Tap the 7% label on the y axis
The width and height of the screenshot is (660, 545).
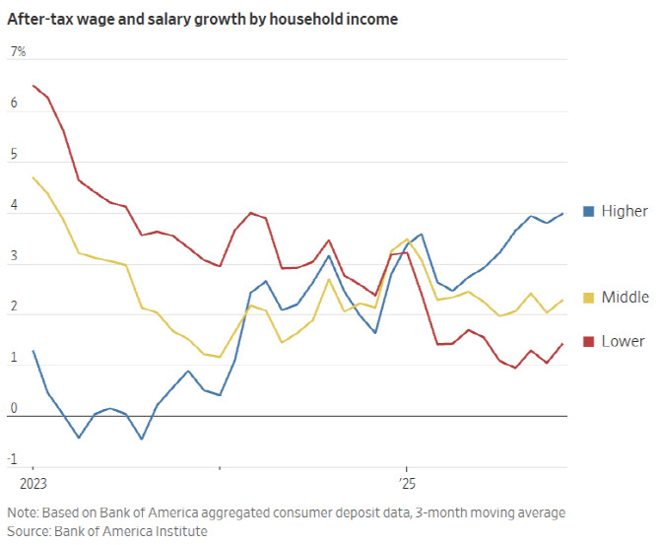click(x=18, y=51)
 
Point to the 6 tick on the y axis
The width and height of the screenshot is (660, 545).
click(x=14, y=102)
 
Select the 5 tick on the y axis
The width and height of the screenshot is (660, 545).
click(x=14, y=154)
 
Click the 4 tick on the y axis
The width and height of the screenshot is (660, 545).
click(x=14, y=204)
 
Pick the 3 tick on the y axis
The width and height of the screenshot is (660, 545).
click(x=14, y=255)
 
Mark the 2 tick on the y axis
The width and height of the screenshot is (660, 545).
click(x=14, y=307)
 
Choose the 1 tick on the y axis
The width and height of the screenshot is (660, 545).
click(x=14, y=357)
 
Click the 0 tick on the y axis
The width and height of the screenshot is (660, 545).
click(x=14, y=408)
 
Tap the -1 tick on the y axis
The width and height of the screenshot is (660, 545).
click(x=14, y=459)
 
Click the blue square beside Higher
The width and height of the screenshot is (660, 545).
click(x=589, y=211)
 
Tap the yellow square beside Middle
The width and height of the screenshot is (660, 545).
click(x=589, y=298)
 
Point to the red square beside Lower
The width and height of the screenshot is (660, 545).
click(x=589, y=342)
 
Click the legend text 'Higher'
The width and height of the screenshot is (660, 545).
click(x=625, y=211)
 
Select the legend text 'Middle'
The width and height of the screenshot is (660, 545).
click(x=625, y=298)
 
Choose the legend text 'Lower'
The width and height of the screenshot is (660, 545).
click(x=623, y=342)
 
